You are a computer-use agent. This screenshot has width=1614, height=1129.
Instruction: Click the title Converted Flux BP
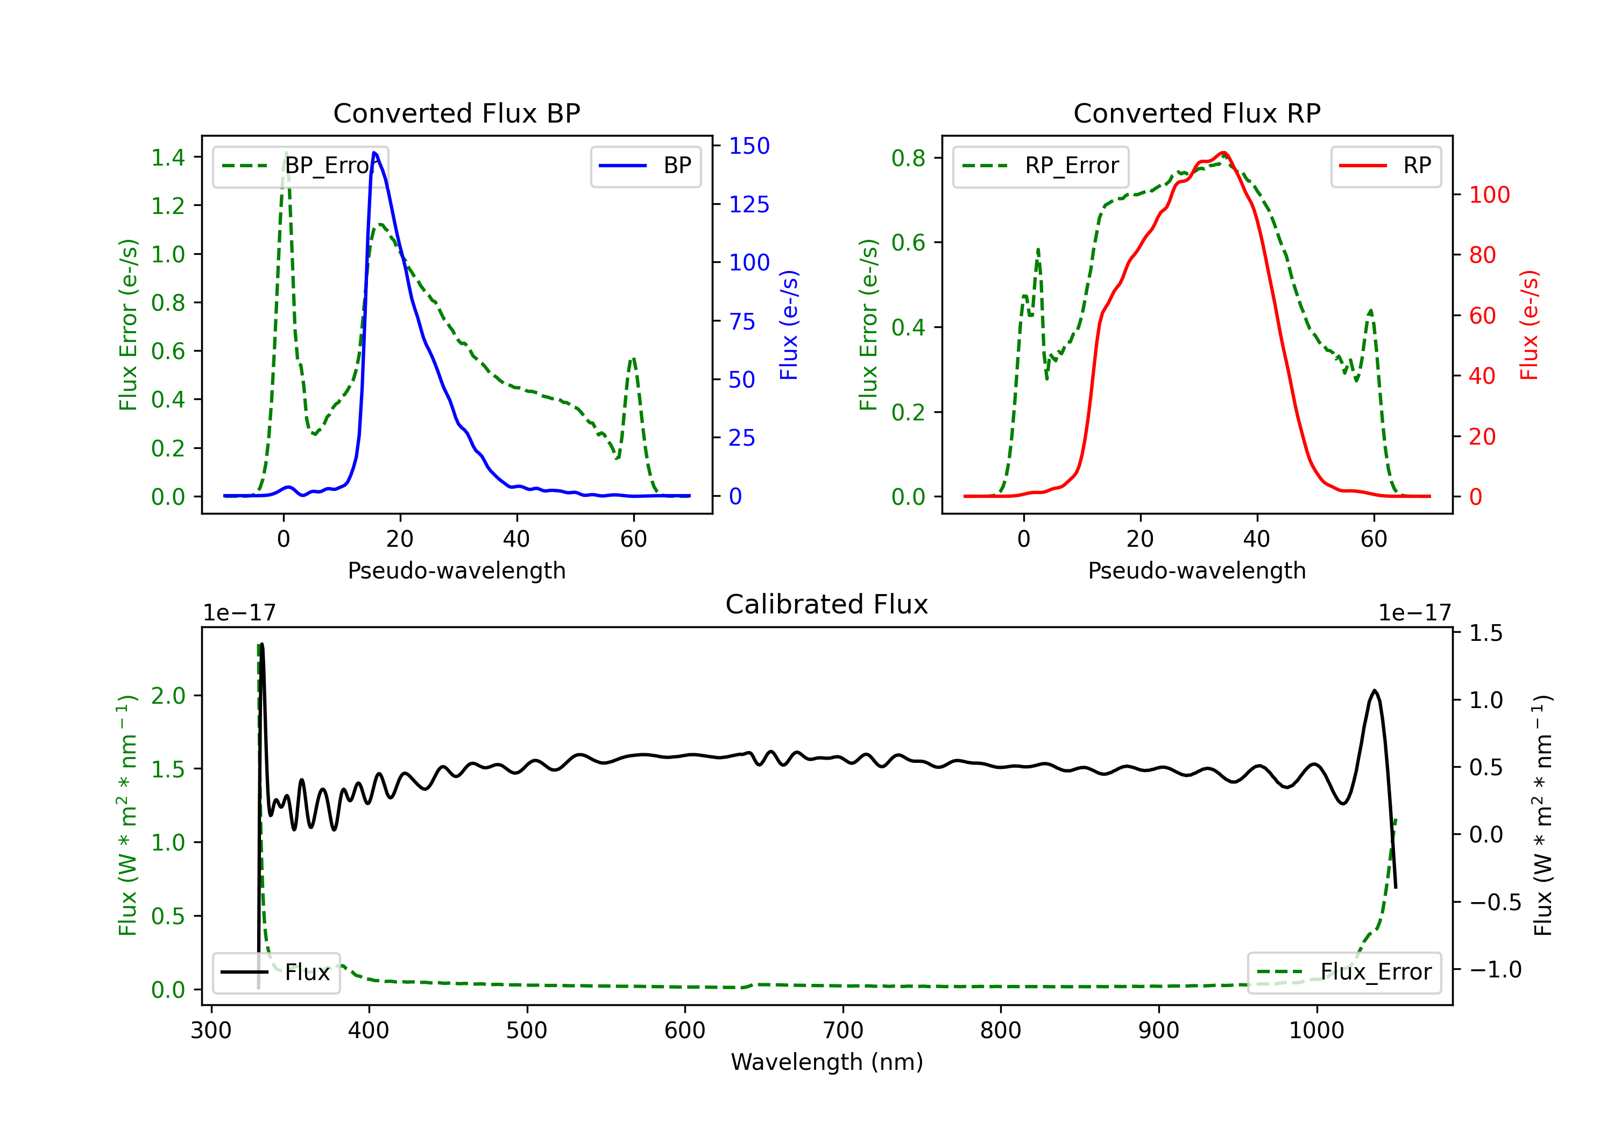point(456,113)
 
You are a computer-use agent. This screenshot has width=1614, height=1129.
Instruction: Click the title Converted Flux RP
point(1197,113)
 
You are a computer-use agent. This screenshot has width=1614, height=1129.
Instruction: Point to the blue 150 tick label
point(749,146)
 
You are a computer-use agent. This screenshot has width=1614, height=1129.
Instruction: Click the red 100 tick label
point(1489,195)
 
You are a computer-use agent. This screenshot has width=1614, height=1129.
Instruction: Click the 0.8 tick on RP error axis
point(908,158)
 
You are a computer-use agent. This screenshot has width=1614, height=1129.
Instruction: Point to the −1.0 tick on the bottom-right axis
point(1495,969)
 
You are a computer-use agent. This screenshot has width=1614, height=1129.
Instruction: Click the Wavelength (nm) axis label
point(827,1062)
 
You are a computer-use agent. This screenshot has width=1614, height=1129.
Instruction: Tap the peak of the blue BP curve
point(374,153)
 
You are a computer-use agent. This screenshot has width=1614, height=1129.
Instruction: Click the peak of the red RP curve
point(1224,153)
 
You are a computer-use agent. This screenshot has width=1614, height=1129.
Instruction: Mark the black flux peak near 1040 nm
point(1374,691)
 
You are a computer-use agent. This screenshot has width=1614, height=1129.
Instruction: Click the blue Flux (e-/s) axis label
point(789,325)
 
